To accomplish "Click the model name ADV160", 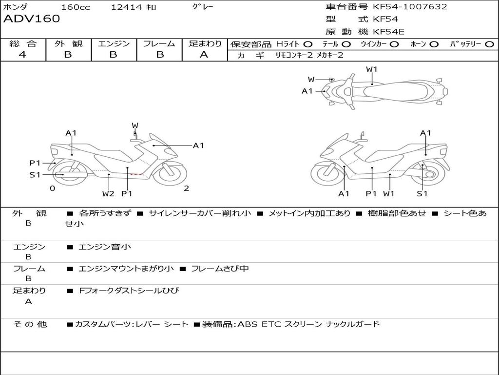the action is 32,19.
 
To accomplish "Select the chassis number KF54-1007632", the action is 410,7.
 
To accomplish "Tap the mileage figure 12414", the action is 126,7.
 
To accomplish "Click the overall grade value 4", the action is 22,55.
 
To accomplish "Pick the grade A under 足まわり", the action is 204,55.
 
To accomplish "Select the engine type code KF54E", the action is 388,32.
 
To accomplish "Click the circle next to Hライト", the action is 308,44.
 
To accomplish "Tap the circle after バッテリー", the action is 489,44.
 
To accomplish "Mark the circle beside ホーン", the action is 434,44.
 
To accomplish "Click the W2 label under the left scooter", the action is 108,193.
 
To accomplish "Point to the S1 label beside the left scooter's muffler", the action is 35,174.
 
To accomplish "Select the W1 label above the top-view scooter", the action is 372,69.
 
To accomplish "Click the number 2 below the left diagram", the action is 186,188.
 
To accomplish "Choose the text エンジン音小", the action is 105,247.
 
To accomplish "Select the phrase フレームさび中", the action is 220,269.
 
